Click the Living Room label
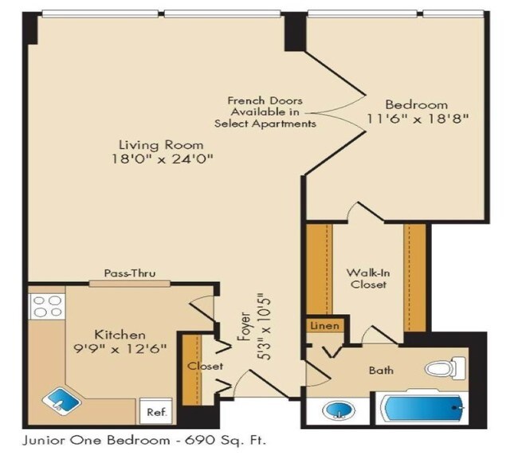point(161,146)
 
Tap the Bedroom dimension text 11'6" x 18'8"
point(416,120)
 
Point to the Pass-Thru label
point(130,274)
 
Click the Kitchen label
point(120,335)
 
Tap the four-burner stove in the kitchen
point(46,306)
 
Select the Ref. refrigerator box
point(156,412)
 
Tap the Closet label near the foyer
point(205,367)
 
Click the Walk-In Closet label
point(367,278)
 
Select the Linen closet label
point(324,326)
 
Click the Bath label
point(381,371)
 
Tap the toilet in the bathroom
point(444,369)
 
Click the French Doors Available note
point(265,112)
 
